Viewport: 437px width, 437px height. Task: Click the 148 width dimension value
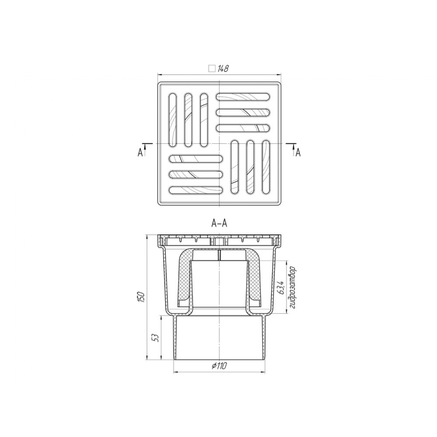(x=223, y=69)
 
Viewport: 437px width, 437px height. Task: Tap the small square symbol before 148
(x=212, y=69)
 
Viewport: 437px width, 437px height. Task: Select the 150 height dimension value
(x=142, y=297)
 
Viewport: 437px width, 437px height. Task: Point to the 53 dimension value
(x=156, y=338)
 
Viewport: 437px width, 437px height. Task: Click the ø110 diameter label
(x=219, y=366)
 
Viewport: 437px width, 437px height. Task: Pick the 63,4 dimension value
(x=281, y=288)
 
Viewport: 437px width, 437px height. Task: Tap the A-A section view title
(x=219, y=223)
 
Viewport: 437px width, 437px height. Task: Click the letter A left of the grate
(x=140, y=153)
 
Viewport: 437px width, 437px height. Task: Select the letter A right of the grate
(x=298, y=153)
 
